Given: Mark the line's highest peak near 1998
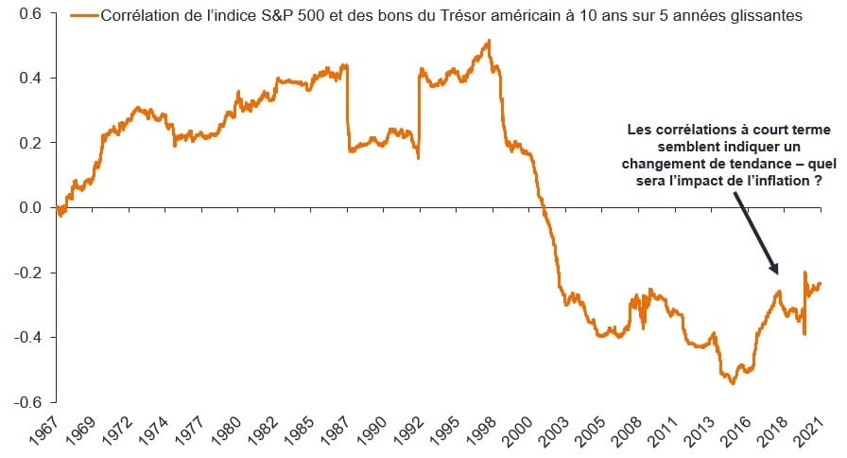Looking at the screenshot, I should tap(488, 41).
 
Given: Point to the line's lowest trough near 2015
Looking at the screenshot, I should tap(732, 382).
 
